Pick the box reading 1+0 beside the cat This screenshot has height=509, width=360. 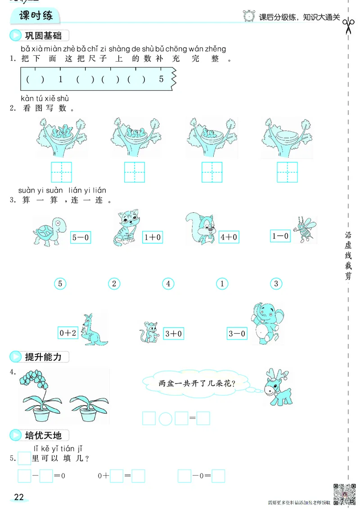(153, 237)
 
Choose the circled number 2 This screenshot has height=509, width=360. (114, 284)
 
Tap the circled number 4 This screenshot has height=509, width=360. (168, 284)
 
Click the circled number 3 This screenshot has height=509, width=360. (276, 284)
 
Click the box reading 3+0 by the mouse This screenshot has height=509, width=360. (173, 333)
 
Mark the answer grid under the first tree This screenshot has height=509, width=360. (62, 172)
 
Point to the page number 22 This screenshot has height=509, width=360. (19, 497)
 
